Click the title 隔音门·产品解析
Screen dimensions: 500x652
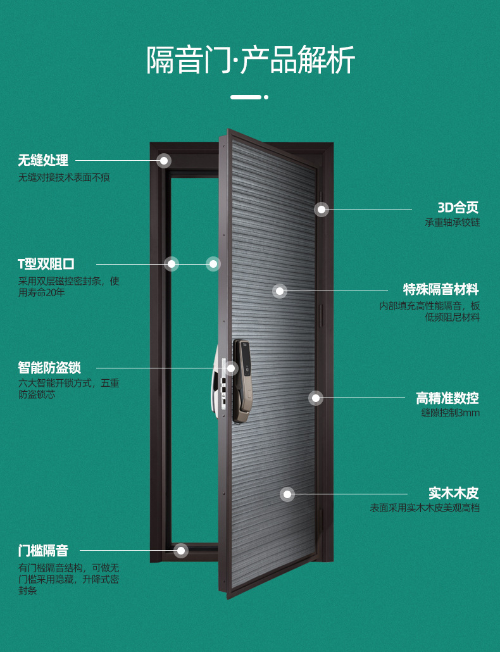[x=251, y=60]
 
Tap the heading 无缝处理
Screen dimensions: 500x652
[x=43, y=161]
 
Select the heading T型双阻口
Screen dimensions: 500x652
[x=46, y=264]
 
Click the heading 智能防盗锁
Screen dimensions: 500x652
[x=49, y=368]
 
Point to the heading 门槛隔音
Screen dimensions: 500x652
[x=43, y=551]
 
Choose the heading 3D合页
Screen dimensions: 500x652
[x=458, y=208]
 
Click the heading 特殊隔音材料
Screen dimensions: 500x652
[x=442, y=290]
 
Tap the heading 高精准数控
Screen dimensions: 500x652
[x=447, y=398]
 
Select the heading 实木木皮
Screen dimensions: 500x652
[x=454, y=493]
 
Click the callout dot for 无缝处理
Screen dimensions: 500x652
[x=164, y=161]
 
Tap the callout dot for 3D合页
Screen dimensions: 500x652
[x=322, y=209]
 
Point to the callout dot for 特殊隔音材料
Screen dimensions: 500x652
[x=280, y=291]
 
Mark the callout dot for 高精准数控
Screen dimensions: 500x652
[x=315, y=398]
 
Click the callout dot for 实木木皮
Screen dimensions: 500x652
[x=287, y=494]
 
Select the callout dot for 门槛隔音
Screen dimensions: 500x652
[x=181, y=551]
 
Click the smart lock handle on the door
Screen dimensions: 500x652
[x=242, y=380]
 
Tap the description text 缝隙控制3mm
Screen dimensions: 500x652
[x=451, y=413]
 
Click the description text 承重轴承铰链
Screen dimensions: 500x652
[x=453, y=223]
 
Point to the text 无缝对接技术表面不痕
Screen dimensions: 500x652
[x=64, y=178]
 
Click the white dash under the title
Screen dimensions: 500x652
[x=246, y=97]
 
